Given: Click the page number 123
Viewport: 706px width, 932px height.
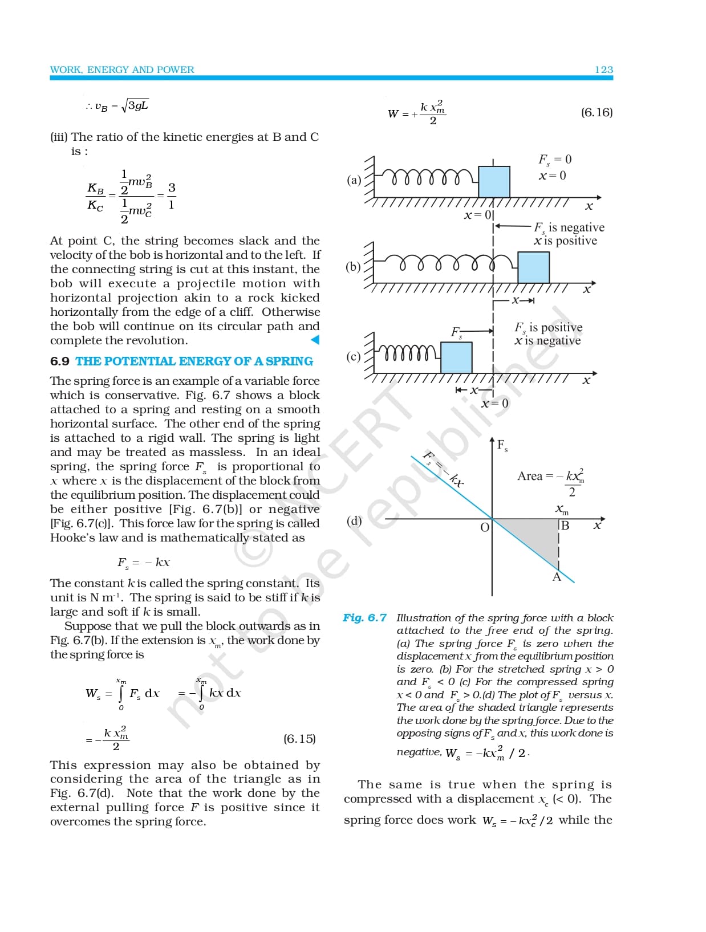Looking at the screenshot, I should pyautogui.click(x=603, y=70).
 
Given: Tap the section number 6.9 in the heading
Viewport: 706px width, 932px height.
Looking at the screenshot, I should pyautogui.click(x=59, y=361).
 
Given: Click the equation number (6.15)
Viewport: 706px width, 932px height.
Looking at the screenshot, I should pyautogui.click(x=299, y=739).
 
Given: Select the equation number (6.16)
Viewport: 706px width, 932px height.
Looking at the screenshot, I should pyautogui.click(x=597, y=112).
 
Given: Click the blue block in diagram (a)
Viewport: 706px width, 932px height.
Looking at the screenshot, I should pyautogui.click(x=494, y=182).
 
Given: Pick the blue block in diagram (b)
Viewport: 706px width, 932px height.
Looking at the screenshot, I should pyautogui.click(x=533, y=267).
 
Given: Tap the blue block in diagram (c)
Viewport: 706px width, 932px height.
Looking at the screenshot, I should pyautogui.click(x=456, y=358).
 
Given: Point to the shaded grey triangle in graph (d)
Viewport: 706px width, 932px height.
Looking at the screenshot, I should pyautogui.click(x=537, y=536).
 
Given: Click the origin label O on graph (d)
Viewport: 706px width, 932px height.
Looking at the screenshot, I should pyautogui.click(x=485, y=527).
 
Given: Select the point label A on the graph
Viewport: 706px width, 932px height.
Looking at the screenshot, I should pyautogui.click(x=557, y=577).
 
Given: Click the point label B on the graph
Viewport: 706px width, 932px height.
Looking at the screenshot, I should pyautogui.click(x=565, y=526).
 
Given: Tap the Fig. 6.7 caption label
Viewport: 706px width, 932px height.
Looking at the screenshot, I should pyautogui.click(x=364, y=618).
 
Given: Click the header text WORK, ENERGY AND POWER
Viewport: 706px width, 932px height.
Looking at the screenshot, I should pyautogui.click(x=122, y=70).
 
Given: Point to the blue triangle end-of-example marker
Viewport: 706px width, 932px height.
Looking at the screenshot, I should pyautogui.click(x=315, y=340).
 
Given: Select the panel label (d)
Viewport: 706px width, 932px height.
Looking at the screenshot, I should pyautogui.click(x=354, y=520).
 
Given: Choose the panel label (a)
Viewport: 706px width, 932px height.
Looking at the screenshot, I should pyautogui.click(x=354, y=180).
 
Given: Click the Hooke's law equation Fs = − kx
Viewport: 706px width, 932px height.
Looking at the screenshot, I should pyautogui.click(x=144, y=563).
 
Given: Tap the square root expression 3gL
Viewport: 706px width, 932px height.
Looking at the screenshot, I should pyautogui.click(x=137, y=105).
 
